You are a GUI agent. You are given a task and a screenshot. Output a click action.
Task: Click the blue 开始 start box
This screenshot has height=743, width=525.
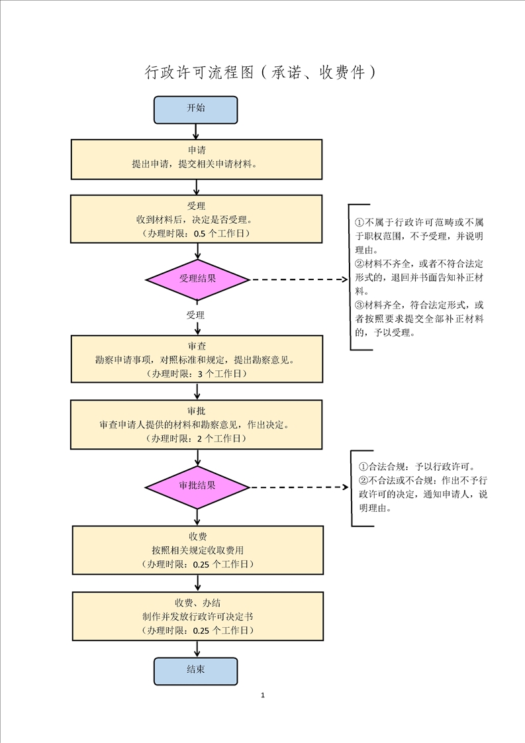click(195, 110)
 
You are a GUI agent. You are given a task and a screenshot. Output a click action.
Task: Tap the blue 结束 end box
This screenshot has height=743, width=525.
click(195, 670)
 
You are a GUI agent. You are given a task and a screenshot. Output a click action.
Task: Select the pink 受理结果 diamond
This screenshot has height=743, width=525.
click(197, 279)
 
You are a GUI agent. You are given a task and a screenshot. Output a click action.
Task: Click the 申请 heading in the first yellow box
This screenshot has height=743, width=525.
click(197, 150)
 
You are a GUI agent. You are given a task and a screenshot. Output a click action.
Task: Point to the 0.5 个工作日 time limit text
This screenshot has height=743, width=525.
click(197, 234)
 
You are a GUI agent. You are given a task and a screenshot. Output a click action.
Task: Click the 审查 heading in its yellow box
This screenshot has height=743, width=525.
click(197, 346)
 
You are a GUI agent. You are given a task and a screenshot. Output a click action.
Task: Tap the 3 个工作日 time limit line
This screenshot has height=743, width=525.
click(197, 374)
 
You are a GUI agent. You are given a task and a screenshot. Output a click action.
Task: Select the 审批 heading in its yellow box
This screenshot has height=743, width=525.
click(197, 410)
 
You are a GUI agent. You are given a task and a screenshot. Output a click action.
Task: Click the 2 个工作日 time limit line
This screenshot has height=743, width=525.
click(197, 438)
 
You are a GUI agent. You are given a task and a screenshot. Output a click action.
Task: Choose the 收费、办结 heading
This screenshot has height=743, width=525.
click(197, 603)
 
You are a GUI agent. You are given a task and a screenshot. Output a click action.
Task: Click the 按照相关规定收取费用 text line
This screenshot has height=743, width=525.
click(197, 550)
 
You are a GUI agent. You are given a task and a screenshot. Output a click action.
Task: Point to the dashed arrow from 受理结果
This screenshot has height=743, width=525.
click(298, 280)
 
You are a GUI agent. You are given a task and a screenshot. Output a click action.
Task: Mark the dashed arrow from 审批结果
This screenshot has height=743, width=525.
click(298, 487)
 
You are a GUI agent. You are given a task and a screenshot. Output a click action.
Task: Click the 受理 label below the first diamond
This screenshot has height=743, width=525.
click(195, 315)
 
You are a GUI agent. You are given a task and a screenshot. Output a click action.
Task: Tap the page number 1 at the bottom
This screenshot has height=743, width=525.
click(263, 695)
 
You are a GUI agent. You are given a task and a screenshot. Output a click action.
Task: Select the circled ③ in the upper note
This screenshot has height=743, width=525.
click(359, 305)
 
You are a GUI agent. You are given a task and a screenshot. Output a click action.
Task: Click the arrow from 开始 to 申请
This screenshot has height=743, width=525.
click(196, 131)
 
